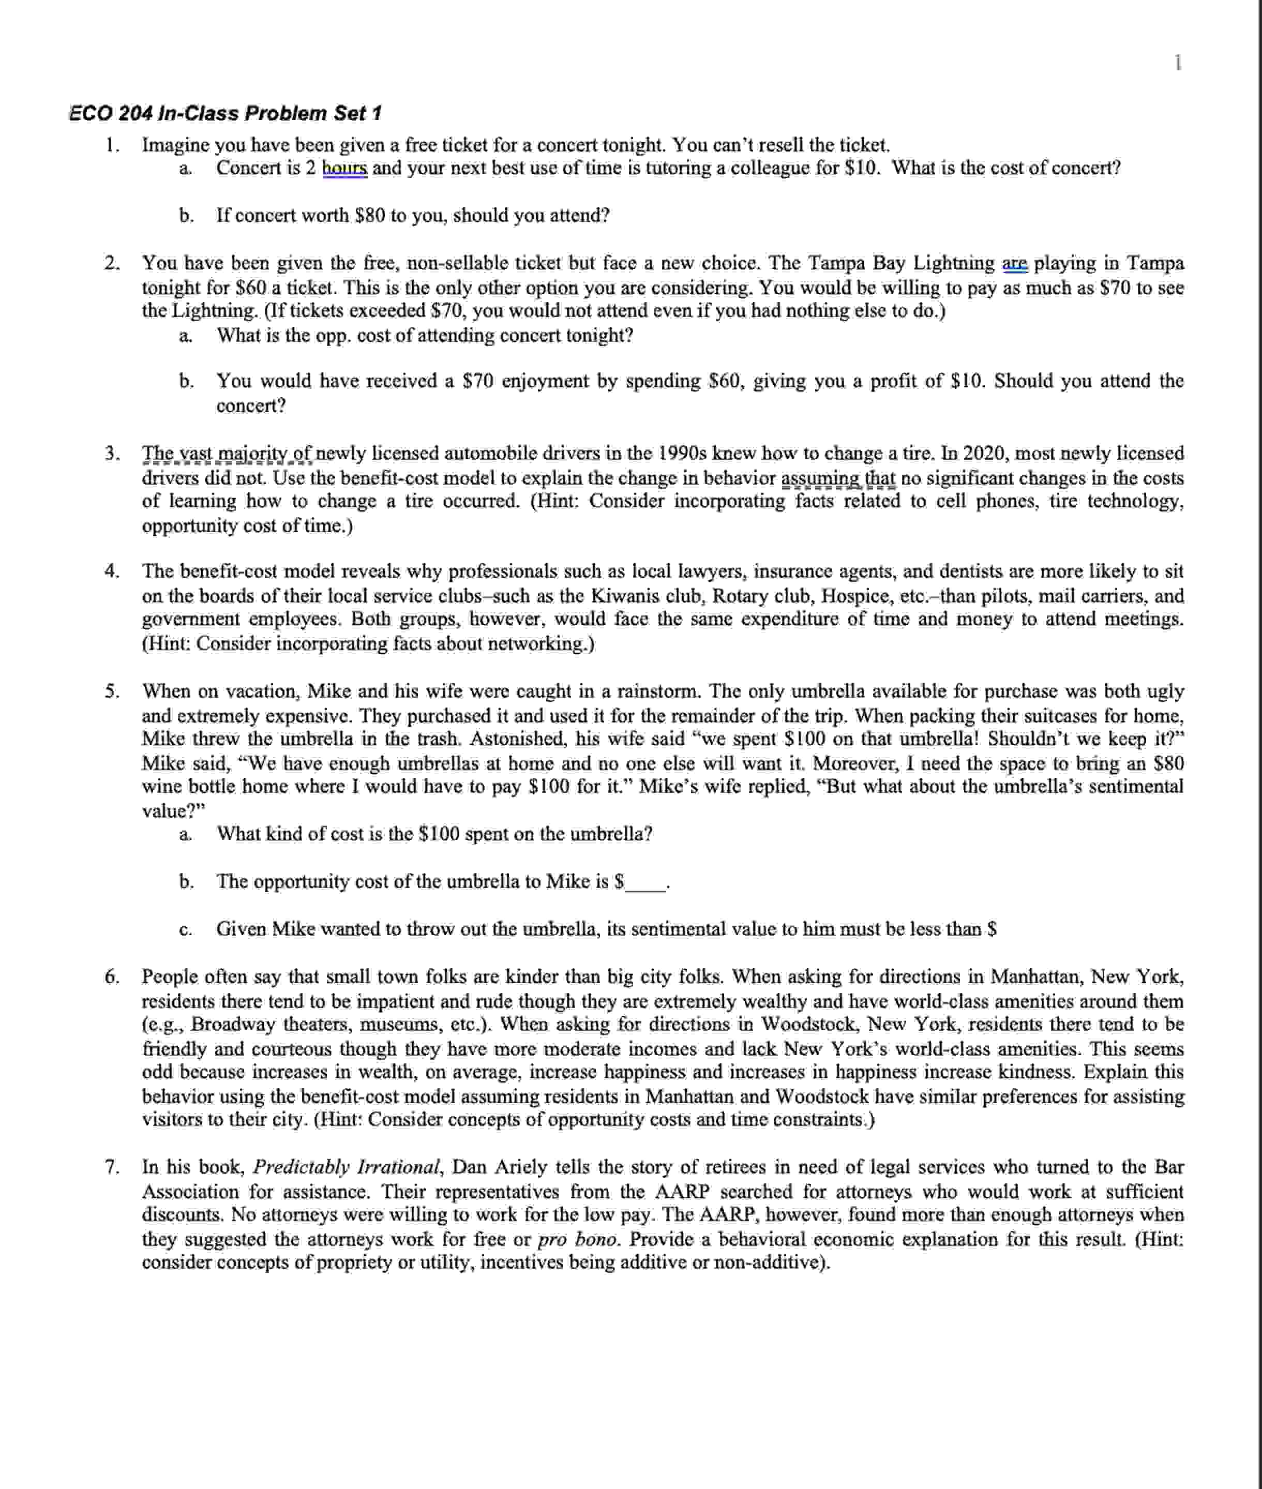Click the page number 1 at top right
pos(1178,63)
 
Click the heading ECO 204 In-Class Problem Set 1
pos(226,113)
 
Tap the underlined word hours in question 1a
pos(345,168)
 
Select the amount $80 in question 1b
pos(370,215)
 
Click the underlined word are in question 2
pos(1014,263)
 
